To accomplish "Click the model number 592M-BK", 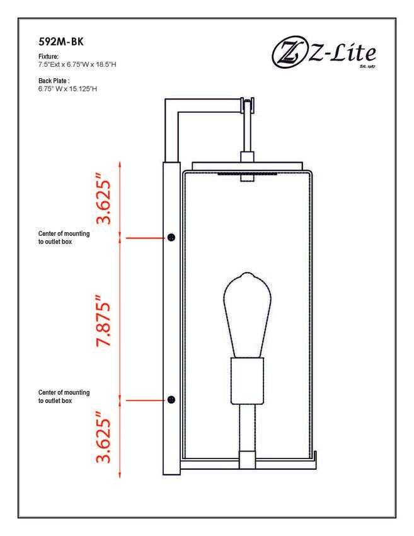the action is tap(60, 42).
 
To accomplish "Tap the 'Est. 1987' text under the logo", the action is tap(367, 66).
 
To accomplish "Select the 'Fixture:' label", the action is tap(48, 56).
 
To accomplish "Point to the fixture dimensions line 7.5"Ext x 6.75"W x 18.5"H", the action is tap(78, 64).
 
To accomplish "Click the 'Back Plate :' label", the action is tap(54, 81).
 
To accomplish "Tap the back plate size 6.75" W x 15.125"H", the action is tap(67, 89).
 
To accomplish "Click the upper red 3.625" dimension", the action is tap(103, 199).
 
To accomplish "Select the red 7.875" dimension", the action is tap(103, 320).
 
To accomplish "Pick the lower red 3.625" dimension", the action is tap(103, 438).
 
